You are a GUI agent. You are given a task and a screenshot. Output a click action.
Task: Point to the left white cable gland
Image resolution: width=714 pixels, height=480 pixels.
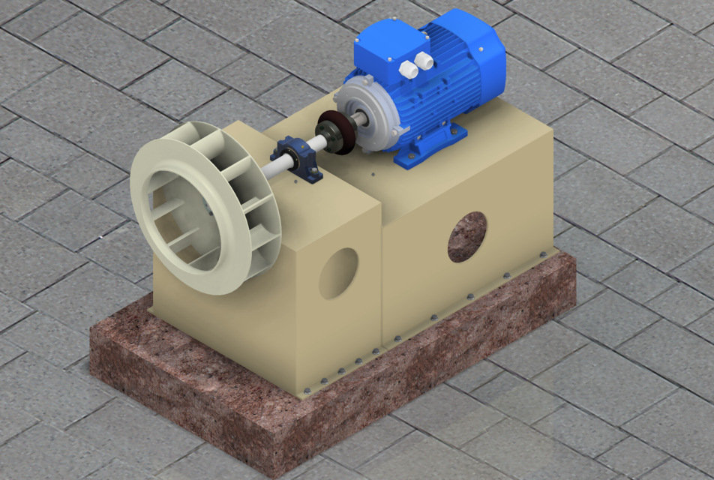[409, 69]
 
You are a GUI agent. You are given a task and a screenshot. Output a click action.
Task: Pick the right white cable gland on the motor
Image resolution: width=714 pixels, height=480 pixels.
[424, 59]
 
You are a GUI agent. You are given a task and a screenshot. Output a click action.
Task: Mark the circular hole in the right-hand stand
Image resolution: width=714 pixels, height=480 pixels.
[466, 236]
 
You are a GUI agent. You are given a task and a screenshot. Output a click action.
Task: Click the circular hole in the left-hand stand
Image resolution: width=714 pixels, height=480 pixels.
[338, 273]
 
